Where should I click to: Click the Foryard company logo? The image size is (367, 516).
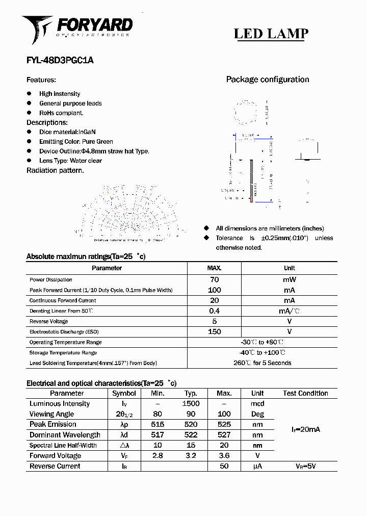tap(76, 29)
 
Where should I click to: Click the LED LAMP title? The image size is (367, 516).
tap(271, 34)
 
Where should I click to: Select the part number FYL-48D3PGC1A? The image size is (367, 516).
tap(60, 60)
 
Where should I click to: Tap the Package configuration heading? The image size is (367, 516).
tap(267, 80)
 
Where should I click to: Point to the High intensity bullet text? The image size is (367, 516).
tap(60, 94)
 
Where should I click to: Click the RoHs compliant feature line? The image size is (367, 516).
tap(61, 113)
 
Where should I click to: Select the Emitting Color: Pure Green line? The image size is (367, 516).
tap(76, 142)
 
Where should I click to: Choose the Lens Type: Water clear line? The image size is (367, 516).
tap(70, 161)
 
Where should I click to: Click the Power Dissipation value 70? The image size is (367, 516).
tap(214, 279)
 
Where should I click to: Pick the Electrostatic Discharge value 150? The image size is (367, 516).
tap(214, 332)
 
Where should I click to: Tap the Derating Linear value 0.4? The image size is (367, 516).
tap(214, 311)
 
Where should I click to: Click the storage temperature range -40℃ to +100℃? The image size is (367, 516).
tap(262, 353)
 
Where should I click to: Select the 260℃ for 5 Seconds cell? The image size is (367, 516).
tap(262, 363)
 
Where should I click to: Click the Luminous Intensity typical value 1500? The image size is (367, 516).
tap(191, 404)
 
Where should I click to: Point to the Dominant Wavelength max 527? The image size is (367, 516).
tap(224, 435)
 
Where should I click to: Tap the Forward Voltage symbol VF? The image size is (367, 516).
tap(124, 456)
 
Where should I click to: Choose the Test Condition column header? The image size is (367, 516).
tap(305, 393)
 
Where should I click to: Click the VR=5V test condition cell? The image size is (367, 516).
tap(305, 467)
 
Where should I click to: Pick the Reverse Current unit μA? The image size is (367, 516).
tap(257, 467)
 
